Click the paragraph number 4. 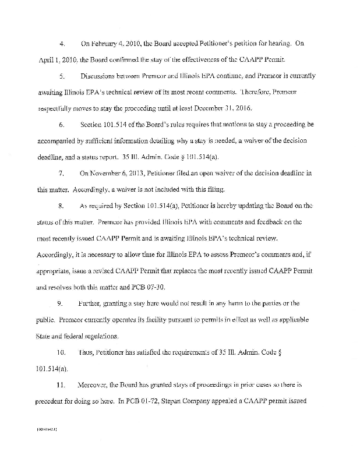[62, 43]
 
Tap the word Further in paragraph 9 [89, 303]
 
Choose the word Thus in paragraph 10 [86, 352]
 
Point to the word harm [245, 303]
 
